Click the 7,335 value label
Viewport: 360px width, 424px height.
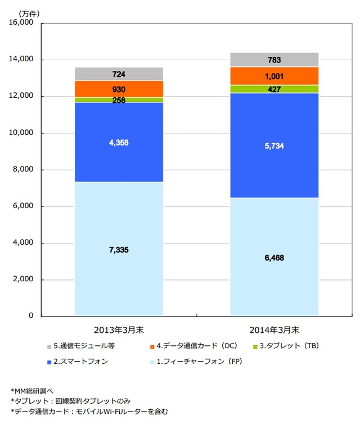coord(119,250)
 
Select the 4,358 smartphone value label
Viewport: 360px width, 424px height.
coord(119,143)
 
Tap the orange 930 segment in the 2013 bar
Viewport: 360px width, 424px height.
coord(119,89)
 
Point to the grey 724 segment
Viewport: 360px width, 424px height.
coord(119,74)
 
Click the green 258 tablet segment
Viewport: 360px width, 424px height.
coord(119,100)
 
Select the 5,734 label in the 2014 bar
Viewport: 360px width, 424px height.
coord(274,145)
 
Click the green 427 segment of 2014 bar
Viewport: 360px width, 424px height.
coord(274,89)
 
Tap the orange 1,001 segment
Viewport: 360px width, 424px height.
coord(274,76)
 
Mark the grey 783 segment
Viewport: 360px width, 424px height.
coord(274,60)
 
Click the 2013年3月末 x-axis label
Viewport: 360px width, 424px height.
coord(119,328)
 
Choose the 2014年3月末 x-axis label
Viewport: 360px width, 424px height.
coord(274,328)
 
